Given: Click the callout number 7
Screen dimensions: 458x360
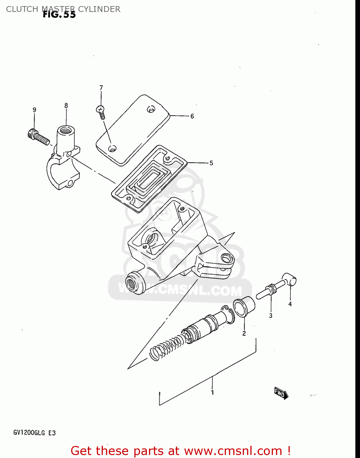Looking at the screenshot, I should [x=101, y=88].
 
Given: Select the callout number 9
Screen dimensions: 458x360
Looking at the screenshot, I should [x=34, y=110].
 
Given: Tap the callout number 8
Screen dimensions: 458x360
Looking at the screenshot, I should [x=66, y=106].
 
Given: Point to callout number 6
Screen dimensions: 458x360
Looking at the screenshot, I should [x=192, y=116].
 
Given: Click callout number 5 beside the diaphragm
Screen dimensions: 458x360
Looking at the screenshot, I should [x=211, y=163].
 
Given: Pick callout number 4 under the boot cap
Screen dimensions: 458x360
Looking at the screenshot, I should [x=290, y=304].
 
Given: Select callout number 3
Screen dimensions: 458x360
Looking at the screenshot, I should [x=271, y=316].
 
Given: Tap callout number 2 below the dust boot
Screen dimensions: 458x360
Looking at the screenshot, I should [x=244, y=333].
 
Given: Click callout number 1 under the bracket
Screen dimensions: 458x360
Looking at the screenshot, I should [x=212, y=393].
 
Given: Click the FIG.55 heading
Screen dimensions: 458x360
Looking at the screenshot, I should [x=59, y=14].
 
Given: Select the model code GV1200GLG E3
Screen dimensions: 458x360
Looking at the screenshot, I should [x=35, y=433].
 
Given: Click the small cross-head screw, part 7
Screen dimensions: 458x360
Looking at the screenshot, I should [x=101, y=112].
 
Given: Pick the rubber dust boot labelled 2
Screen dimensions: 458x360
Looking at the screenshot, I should [x=244, y=307].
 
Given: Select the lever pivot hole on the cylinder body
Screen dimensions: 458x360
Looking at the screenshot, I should [x=226, y=258].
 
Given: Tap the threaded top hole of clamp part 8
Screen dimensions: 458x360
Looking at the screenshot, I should [x=65, y=131].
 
